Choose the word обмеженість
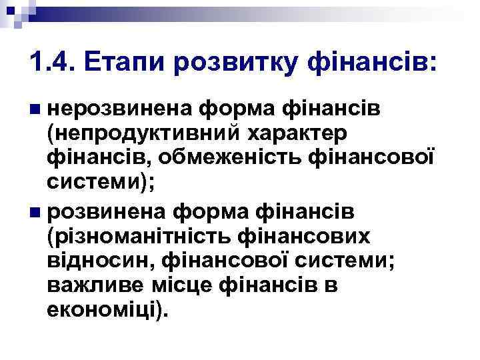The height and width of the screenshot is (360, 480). point(234,158)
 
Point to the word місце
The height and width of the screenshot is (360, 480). point(182,285)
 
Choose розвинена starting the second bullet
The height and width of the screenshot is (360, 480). point(106,211)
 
